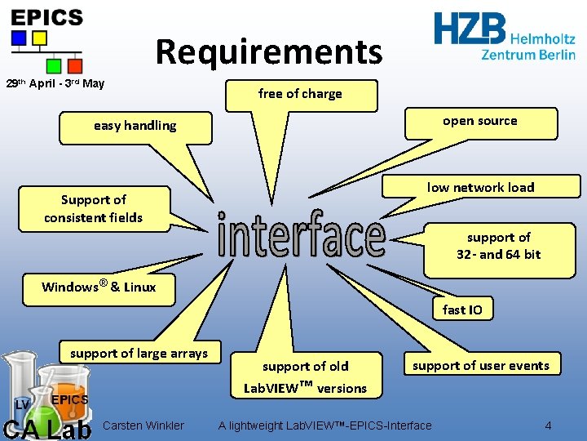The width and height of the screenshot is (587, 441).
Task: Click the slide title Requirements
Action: [x=269, y=51]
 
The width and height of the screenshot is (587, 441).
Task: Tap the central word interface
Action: [x=302, y=234]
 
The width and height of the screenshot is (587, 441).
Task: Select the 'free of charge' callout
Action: [x=302, y=96]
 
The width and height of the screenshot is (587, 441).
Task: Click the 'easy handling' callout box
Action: [x=135, y=128]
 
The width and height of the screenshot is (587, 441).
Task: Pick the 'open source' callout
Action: [x=481, y=123]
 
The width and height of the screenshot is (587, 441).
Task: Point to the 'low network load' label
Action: [x=481, y=186]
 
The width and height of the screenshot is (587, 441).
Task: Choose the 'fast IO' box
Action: [x=463, y=309]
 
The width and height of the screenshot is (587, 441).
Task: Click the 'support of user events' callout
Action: [x=482, y=363]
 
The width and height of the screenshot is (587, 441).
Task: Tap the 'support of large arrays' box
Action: [x=140, y=352]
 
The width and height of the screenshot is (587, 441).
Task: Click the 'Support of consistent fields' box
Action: [x=95, y=209]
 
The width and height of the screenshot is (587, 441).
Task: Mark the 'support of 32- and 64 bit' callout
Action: [x=500, y=251]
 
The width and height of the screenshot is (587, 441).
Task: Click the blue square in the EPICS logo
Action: [x=19, y=38]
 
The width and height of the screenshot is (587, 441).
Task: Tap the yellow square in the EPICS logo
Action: [x=40, y=38]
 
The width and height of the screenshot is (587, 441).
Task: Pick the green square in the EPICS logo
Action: [x=54, y=66]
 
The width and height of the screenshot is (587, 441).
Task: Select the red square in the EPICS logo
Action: [x=75, y=66]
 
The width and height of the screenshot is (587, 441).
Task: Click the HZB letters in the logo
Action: [x=470, y=28]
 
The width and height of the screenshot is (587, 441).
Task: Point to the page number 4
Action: [x=548, y=425]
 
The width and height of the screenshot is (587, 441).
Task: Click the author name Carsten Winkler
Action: [x=143, y=425]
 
